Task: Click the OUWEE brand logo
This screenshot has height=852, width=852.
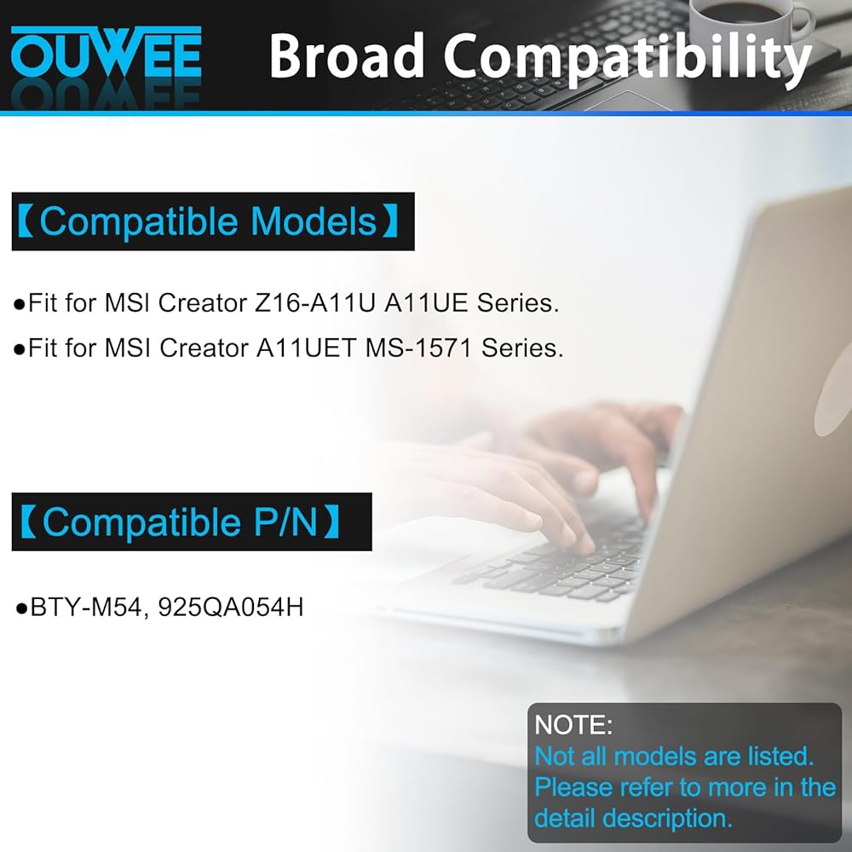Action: tap(106, 52)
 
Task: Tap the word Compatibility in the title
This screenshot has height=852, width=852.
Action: tap(628, 59)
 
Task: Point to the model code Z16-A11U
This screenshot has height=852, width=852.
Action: tap(315, 302)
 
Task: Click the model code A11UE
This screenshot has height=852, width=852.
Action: tap(426, 302)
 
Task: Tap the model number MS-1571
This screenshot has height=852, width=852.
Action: tap(418, 348)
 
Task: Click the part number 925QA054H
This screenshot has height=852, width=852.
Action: tap(230, 607)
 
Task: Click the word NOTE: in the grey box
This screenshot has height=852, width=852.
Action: tap(573, 725)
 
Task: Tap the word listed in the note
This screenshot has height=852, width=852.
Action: tap(780, 757)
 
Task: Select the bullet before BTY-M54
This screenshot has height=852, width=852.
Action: tap(22, 608)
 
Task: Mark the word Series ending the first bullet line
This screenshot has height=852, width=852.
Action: tap(518, 302)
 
